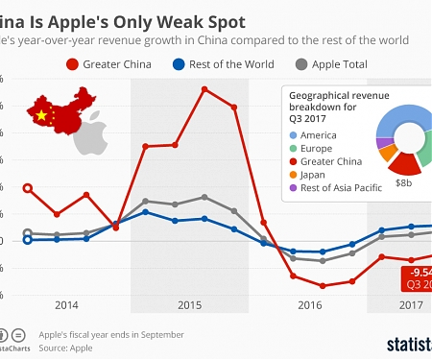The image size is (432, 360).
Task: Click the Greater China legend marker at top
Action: [72, 64]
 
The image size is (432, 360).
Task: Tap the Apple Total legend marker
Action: [303, 64]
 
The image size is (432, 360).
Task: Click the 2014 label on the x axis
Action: [66, 305]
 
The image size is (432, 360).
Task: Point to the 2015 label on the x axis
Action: [189, 305]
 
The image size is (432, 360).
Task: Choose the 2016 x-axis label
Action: [309, 305]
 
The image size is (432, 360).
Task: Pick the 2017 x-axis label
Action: [412, 305]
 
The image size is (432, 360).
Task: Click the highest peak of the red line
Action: [204, 88]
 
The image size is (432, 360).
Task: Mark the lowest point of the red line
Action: [323, 286]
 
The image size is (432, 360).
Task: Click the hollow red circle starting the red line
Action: [28, 188]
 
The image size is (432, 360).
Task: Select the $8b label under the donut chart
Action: [403, 181]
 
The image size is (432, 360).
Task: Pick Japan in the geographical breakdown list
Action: [315, 175]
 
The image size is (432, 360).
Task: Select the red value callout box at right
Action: [417, 278]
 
